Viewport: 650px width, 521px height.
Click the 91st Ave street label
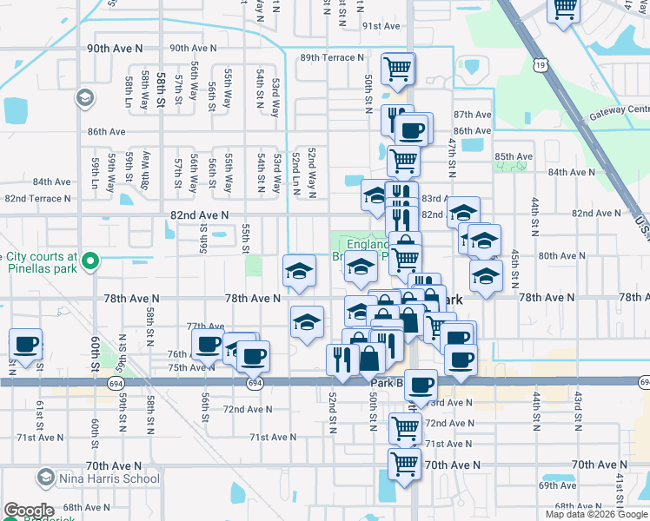381,26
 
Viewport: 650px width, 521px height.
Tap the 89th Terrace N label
332,57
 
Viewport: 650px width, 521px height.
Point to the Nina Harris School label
97,478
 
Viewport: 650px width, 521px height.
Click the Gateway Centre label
620,109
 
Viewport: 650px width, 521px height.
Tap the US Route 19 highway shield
542,64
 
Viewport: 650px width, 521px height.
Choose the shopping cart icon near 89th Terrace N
398,69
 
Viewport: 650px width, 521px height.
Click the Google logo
29,511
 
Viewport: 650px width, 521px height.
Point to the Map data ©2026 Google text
596,514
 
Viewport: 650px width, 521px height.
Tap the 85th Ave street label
513,157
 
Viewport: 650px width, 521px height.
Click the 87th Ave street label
473,115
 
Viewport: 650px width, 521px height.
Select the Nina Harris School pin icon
45,477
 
